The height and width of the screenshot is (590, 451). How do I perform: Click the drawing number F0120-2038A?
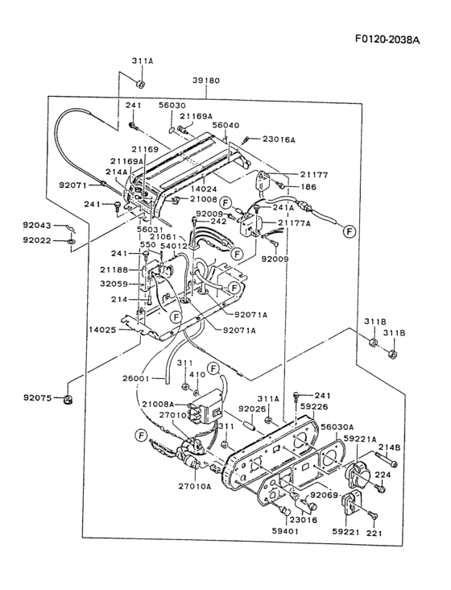coord(387,39)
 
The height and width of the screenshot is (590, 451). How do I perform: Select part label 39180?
coord(206,81)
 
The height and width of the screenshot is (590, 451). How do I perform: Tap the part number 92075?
coord(36,397)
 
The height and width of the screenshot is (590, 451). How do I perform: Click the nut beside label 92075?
coord(68,397)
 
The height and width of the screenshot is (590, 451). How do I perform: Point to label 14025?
coord(102,330)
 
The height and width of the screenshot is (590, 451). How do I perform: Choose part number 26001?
coord(135,378)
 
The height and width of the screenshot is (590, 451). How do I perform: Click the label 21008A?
coord(158,404)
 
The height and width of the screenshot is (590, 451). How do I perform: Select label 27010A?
coord(194,486)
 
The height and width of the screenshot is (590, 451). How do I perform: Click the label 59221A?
coord(359,438)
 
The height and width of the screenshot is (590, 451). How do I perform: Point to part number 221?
coord(375,533)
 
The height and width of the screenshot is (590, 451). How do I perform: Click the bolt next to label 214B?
coord(386,459)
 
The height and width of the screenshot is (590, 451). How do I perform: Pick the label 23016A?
coord(279,139)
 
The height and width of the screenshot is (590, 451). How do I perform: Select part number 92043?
coord(36,226)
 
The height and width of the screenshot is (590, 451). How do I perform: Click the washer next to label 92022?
coord(71,240)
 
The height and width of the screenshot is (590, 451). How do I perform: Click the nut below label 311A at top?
coord(140,85)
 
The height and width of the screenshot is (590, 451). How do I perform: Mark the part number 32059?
coord(114,284)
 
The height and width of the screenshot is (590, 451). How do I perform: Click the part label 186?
coord(308,187)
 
